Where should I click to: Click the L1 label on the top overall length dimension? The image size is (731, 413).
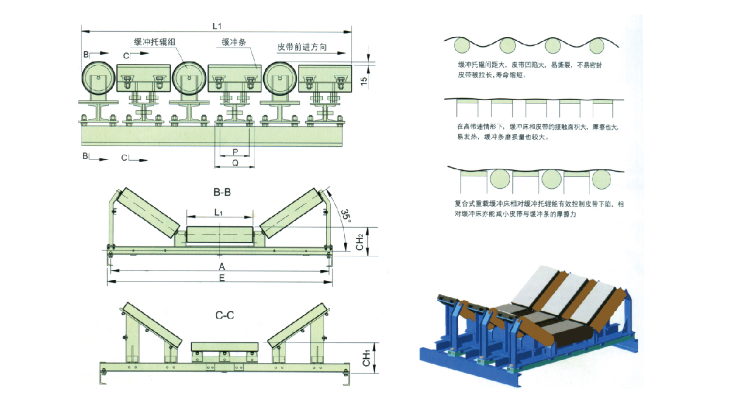(216, 26)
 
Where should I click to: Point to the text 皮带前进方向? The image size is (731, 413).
(302, 46)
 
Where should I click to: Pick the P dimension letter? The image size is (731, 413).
(235, 150)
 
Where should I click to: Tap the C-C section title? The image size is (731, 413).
(225, 316)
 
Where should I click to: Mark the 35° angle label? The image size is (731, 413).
(345, 215)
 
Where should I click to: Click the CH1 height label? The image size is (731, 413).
(367, 358)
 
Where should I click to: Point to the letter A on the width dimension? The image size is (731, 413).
(222, 267)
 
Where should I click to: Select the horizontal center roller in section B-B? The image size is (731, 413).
(219, 235)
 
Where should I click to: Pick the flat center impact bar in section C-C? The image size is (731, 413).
(225, 347)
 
